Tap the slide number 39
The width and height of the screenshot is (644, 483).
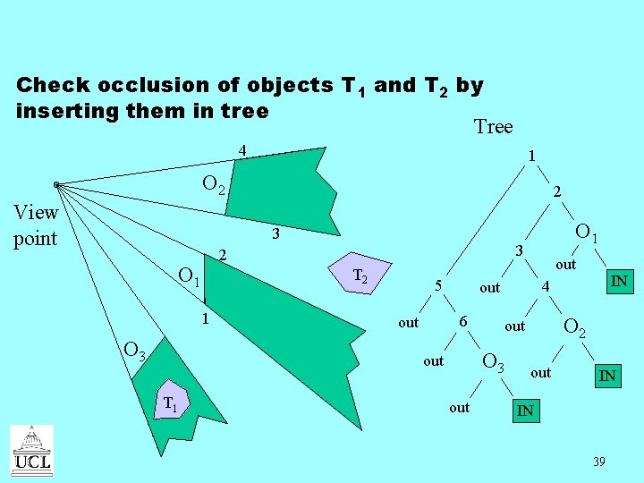(598, 462)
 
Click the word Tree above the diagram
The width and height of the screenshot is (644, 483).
(493, 127)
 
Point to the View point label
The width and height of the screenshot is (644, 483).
(36, 225)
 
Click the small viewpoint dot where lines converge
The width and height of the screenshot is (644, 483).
(55, 185)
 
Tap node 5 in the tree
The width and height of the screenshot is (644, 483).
(437, 286)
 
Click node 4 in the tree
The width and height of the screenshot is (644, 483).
(543, 286)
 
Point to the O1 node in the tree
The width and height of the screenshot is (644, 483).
(587, 233)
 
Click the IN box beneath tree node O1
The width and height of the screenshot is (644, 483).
(618, 282)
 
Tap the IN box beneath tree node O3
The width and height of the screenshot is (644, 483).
(525, 411)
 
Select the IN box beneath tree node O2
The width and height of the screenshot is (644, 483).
(606, 377)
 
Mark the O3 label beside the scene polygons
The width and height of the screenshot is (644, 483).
(135, 351)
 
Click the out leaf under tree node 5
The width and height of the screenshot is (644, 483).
(408, 322)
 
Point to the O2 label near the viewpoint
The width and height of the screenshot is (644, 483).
(217, 185)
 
